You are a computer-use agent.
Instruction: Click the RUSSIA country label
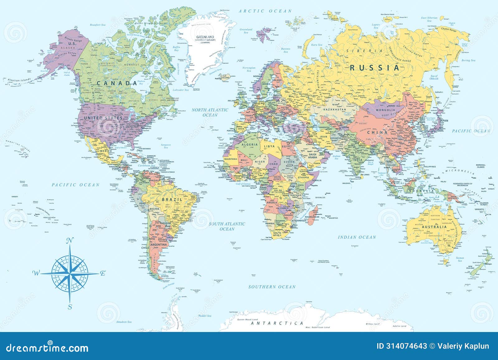(375, 68)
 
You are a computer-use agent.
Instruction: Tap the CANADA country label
(116, 83)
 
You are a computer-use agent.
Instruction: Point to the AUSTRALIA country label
(434, 227)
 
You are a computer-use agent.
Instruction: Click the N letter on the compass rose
(70, 240)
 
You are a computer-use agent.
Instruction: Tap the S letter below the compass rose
(70, 307)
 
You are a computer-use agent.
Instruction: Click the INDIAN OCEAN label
(357, 237)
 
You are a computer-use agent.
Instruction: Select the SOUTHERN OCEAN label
(272, 287)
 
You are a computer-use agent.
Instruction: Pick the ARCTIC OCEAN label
(265, 11)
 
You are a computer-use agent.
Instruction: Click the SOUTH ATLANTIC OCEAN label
(227, 226)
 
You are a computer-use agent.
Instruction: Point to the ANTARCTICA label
(277, 323)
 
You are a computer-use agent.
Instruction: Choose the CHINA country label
(377, 132)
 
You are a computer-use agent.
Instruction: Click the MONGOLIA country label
(385, 110)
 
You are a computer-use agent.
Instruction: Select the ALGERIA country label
(250, 144)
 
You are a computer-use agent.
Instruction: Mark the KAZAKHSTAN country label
(334, 110)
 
